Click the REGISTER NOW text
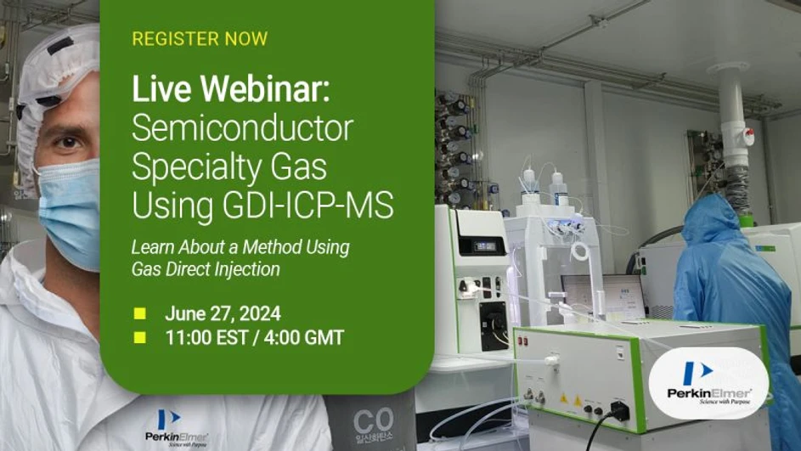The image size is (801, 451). [x=200, y=39]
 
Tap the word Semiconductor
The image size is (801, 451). [x=242, y=129]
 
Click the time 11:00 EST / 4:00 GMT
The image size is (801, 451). [x=254, y=337]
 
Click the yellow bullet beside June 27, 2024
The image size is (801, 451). [x=140, y=313]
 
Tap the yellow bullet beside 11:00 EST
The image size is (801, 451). [x=140, y=338]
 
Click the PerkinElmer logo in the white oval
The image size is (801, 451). [x=708, y=383]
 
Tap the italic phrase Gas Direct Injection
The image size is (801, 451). [x=206, y=269]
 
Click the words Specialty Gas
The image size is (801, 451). [x=228, y=167]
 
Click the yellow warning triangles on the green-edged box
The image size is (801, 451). [x=570, y=397]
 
